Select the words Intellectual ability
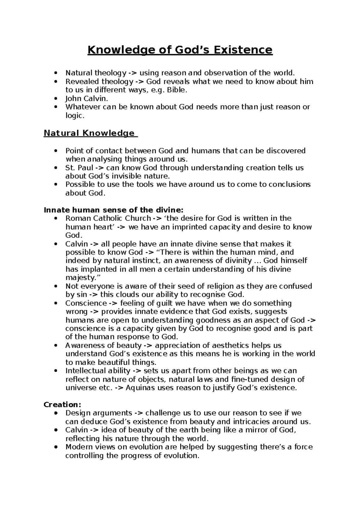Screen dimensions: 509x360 pos(98,371)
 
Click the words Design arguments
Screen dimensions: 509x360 pos(99,413)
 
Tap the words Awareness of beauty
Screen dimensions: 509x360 pos(103,345)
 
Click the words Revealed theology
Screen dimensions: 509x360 pos(99,81)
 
